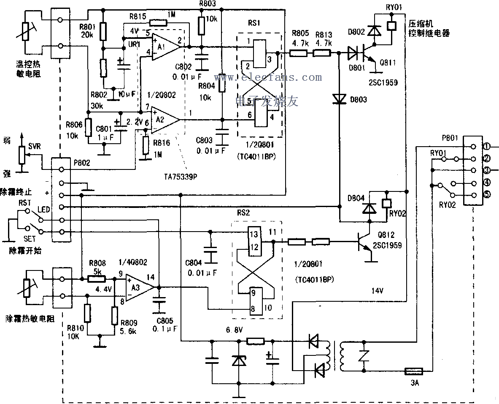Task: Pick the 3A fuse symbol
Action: pos(413,371)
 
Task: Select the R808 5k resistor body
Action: pos(97,279)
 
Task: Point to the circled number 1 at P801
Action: pos(486,147)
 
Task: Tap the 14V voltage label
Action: pos(378,291)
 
